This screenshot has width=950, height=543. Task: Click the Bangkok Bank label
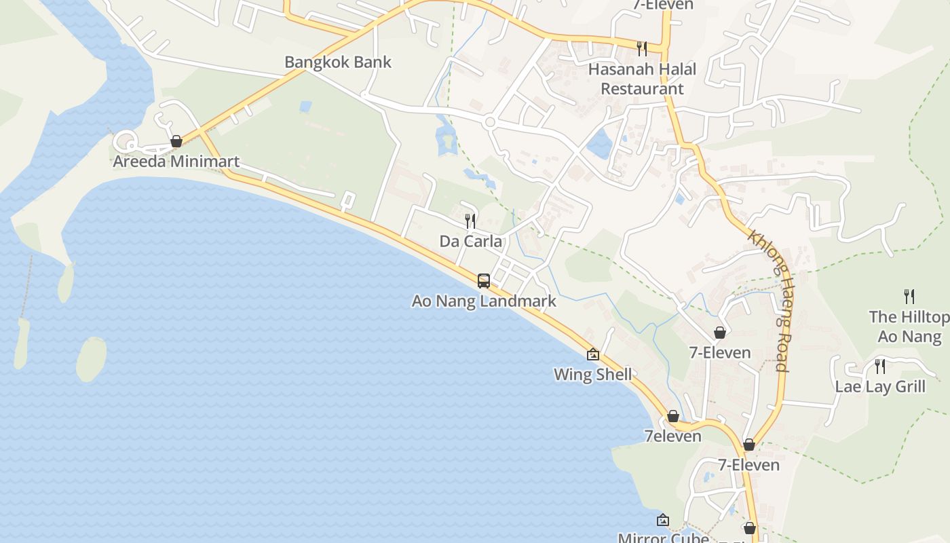[338, 62]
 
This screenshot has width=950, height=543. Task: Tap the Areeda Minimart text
[176, 162]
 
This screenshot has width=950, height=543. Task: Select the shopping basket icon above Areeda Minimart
[176, 141]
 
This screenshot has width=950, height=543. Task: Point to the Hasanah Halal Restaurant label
[642, 79]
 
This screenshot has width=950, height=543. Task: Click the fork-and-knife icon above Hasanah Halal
[641, 48]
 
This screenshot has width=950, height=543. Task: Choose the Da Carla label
[471, 241]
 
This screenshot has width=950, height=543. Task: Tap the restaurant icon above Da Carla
[470, 221]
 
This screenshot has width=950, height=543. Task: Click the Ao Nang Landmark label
[484, 301]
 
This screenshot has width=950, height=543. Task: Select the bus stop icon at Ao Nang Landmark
[484, 280]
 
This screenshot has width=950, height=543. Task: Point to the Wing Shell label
[592, 374]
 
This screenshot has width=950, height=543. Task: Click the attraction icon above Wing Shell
[593, 354]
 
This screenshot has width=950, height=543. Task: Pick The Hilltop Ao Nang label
[909, 326]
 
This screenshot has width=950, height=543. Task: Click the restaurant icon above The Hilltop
[909, 296]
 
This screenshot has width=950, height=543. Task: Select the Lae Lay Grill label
[880, 387]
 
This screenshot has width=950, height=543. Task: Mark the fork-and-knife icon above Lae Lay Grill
[880, 367]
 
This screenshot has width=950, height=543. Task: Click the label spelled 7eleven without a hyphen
[672, 436]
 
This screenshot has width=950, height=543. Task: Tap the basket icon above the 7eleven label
[673, 416]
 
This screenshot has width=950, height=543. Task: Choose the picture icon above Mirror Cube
[663, 521]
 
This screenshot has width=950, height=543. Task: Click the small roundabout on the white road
[490, 123]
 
